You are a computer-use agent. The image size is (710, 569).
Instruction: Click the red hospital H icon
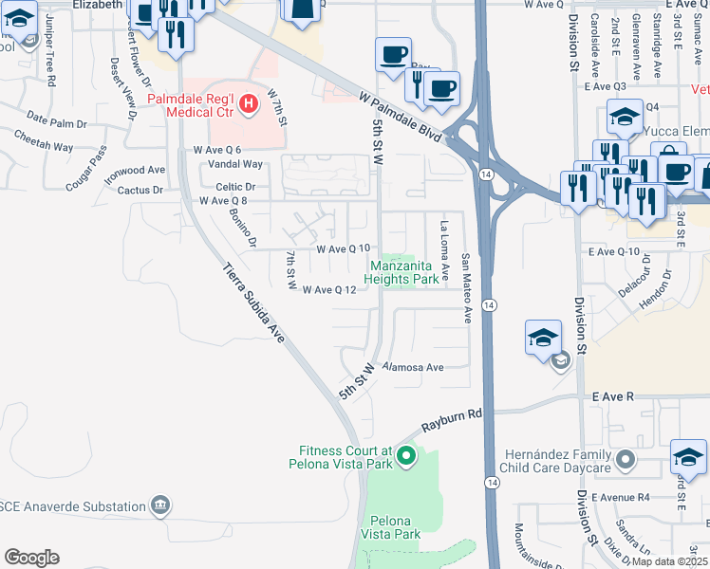click(249, 103)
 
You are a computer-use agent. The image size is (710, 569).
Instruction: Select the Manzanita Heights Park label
click(405, 272)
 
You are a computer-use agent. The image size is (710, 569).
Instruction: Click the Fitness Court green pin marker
click(405, 457)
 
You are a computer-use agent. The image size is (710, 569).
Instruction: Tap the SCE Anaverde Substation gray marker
click(161, 504)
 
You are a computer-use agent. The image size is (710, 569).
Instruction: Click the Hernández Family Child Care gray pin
click(624, 461)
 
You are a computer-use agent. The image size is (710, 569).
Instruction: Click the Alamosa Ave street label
click(413, 367)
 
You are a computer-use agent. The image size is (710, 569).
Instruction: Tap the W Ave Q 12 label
click(328, 290)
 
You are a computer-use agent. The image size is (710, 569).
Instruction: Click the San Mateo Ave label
click(466, 287)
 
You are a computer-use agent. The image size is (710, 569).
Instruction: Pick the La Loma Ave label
click(444, 244)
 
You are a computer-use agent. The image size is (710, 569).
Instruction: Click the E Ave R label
click(612, 397)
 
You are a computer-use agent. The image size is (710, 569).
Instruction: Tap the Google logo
click(31, 557)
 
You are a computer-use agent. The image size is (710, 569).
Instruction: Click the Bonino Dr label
click(244, 228)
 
